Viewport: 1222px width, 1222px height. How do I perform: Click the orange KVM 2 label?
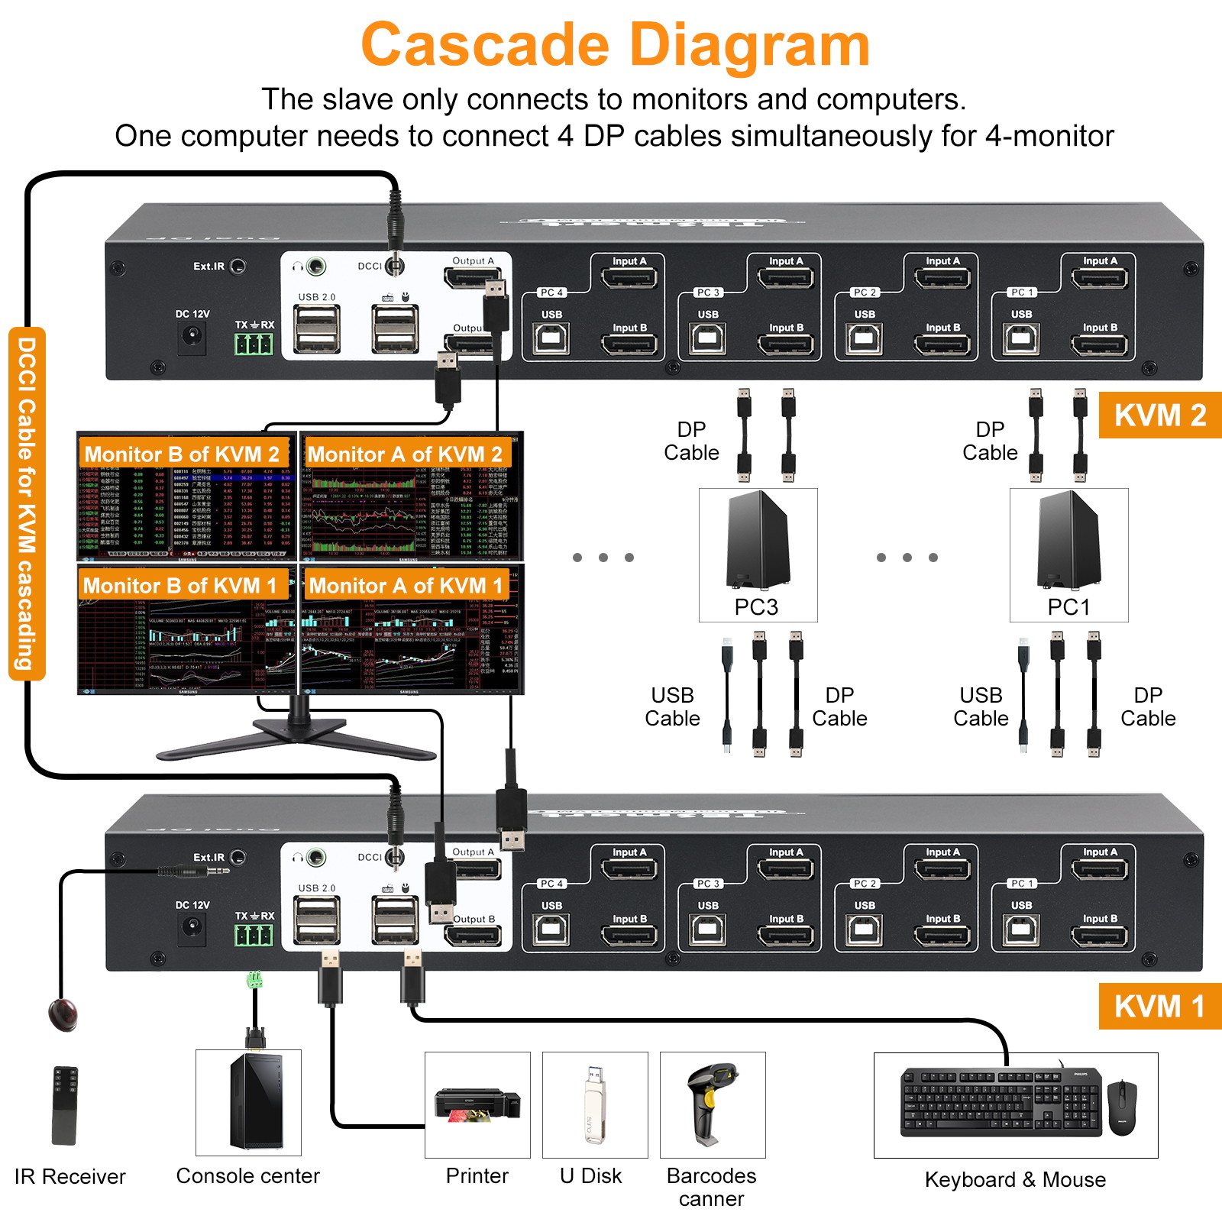click(x=1159, y=415)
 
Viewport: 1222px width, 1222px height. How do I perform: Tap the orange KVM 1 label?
click(x=1159, y=1007)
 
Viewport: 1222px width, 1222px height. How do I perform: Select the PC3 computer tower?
click(x=757, y=541)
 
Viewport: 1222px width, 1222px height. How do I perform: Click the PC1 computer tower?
click(x=1068, y=541)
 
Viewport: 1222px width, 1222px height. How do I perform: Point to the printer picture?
click(x=477, y=1105)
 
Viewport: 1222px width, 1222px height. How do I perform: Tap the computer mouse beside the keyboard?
click(x=1122, y=1107)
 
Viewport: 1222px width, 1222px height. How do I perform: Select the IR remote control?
click(x=65, y=1104)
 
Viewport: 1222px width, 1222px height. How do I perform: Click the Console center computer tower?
click(x=249, y=1101)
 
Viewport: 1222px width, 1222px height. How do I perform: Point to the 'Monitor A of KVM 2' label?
click(x=405, y=454)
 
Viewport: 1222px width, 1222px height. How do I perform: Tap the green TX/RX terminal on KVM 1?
click(x=254, y=935)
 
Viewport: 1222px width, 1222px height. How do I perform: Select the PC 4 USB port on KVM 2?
click(x=551, y=338)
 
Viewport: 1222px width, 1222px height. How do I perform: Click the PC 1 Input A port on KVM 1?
click(x=1099, y=868)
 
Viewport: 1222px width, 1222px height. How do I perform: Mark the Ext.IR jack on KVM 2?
click(x=238, y=267)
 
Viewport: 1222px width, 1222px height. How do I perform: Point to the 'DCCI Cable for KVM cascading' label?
click(x=27, y=504)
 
